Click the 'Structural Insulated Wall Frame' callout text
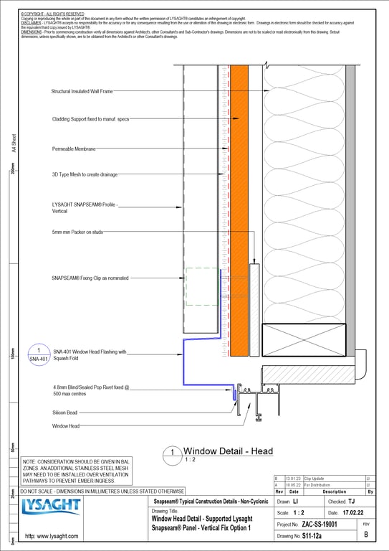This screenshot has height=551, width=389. click(x=82, y=91)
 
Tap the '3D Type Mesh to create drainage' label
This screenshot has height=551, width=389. click(x=85, y=174)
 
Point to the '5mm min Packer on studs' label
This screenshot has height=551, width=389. click(x=77, y=232)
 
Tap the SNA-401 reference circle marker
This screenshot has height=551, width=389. click(x=38, y=354)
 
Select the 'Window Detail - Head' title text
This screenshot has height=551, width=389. click(x=229, y=451)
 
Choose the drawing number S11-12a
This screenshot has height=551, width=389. click(x=312, y=536)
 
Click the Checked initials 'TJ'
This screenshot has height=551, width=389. click(x=351, y=501)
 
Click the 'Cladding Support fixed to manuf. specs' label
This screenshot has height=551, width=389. click(x=90, y=119)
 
